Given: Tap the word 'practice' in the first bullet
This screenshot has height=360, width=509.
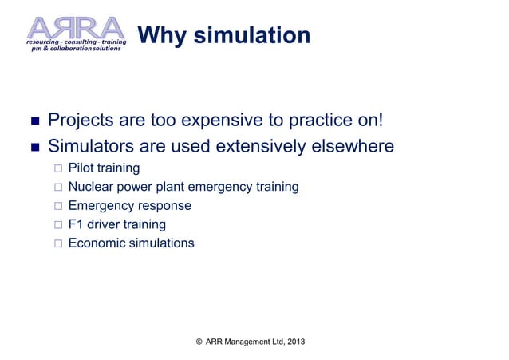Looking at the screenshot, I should click(x=333, y=121).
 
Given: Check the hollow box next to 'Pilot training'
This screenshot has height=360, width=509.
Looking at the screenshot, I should click(x=57, y=169).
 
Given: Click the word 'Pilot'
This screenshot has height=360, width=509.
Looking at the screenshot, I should click(x=81, y=168).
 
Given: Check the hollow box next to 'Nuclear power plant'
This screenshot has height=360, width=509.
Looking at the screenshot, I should click(x=57, y=188).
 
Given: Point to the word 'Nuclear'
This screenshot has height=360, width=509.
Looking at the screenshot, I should click(x=91, y=187).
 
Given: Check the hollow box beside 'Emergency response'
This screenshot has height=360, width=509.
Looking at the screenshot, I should click(x=57, y=206).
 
